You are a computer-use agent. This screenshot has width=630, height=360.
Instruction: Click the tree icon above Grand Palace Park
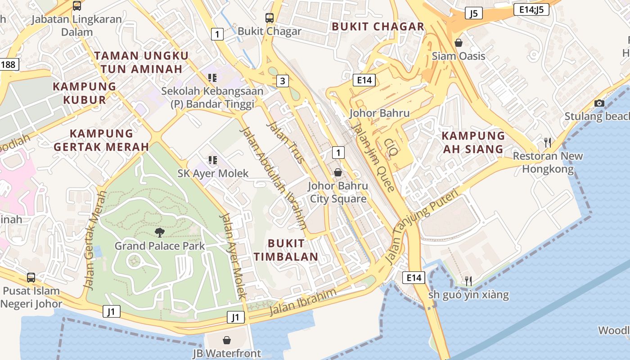coord(159,232)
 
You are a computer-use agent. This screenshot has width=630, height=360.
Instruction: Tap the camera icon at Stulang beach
coord(599,103)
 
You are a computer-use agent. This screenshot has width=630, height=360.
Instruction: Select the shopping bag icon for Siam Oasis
coord(458,43)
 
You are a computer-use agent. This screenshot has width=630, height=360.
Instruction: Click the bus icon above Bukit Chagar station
coord(269,18)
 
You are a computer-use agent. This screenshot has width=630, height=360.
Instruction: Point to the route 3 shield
coord(282,81)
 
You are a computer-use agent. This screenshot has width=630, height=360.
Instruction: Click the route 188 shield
coord(8,64)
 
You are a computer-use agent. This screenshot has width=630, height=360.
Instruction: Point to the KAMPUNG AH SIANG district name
coord(473,142)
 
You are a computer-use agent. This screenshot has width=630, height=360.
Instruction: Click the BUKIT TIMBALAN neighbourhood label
coord(286,250)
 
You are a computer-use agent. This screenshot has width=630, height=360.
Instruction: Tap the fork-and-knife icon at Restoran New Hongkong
coord(547,143)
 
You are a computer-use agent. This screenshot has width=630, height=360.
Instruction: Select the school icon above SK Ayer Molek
coord(212,160)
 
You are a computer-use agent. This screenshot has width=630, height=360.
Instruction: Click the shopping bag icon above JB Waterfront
coord(227,340)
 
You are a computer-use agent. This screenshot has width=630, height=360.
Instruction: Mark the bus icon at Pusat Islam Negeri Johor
coord(31,277)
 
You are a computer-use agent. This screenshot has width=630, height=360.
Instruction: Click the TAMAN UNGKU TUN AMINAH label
coord(141,62)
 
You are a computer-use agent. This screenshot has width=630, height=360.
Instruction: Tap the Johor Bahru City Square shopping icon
coord(337,172)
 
